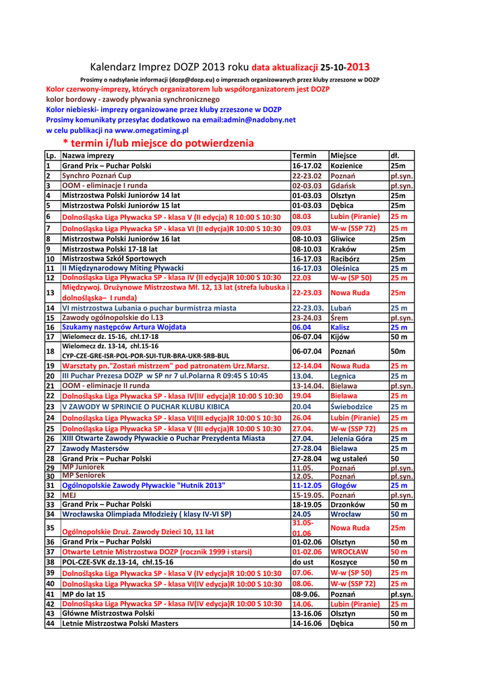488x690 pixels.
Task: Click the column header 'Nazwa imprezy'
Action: pos(88,156)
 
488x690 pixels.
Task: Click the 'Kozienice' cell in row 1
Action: pos(346,166)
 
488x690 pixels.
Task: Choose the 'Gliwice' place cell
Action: pos(343,239)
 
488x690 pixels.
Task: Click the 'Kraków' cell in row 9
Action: pos(342,249)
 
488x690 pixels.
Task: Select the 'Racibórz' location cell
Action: pos(345,259)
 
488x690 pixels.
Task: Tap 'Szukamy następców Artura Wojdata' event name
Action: pos(114,327)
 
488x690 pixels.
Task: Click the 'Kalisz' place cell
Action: pos(340,327)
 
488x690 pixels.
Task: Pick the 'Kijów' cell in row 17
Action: pos(340,337)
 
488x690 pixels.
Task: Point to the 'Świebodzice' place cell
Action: pos(350,407)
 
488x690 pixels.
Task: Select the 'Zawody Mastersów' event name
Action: pos(95,449)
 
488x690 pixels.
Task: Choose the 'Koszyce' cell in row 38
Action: pos(344,562)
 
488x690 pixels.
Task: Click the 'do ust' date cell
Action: pos(303,562)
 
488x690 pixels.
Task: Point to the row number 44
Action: pos(50,624)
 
